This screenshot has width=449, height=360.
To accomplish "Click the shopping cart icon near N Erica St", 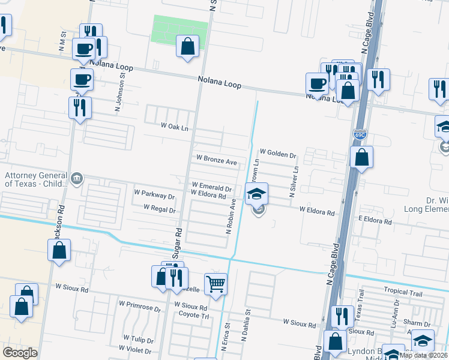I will [215, 284].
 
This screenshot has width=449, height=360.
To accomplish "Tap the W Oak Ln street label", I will [175, 127].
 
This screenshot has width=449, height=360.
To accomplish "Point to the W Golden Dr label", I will [278, 155].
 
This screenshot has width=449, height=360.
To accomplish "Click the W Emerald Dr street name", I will [211, 186].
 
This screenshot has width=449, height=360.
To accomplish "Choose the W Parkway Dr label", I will [154, 196].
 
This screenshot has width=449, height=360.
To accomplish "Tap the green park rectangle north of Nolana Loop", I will [180, 29].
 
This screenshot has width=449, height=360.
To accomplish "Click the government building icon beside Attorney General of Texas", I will [77, 178].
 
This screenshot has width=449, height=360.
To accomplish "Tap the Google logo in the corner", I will [20, 353].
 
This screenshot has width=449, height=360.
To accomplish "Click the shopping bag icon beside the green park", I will [188, 46].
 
